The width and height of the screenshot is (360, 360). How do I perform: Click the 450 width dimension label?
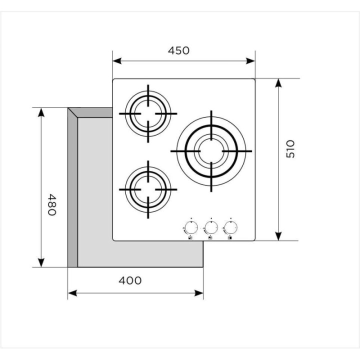pyautogui.click(x=178, y=50)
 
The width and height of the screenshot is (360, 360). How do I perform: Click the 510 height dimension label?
pyautogui.click(x=290, y=149)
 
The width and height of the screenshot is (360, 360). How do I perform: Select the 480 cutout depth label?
pyautogui.click(x=51, y=204)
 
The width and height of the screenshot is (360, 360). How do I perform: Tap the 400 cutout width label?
pyautogui.click(x=130, y=280)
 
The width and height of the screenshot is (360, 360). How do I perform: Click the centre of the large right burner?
pyautogui.click(x=211, y=151)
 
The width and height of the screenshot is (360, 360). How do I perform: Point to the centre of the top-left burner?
pyautogui.click(x=148, y=113)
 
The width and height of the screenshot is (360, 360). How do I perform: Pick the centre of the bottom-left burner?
pyautogui.click(x=148, y=189)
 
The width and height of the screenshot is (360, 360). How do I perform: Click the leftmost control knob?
pyautogui.click(x=191, y=228)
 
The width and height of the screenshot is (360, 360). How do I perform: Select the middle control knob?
pyautogui.click(x=211, y=228)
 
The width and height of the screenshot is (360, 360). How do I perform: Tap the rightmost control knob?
pyautogui.click(x=230, y=228)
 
